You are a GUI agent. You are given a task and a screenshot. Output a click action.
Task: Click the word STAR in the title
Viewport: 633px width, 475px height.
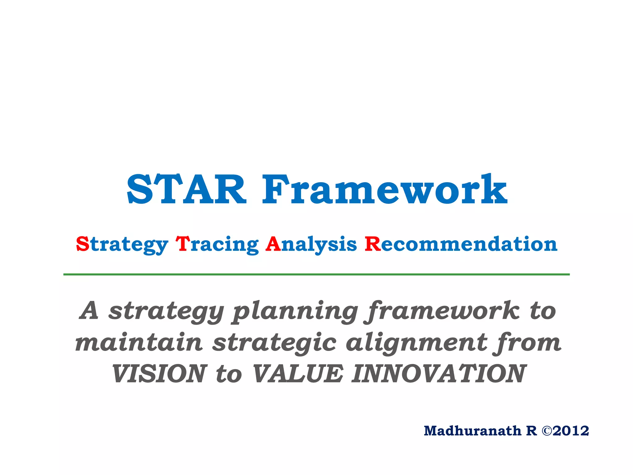[186, 189]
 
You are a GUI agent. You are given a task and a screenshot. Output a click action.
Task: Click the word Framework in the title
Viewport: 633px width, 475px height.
[384, 189]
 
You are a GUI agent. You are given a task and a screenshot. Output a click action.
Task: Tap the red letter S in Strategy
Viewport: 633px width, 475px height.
[83, 244]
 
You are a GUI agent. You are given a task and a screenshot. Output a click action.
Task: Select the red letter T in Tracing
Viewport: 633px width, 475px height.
[182, 244]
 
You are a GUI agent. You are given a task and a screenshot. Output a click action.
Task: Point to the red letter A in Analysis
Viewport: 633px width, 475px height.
[273, 244]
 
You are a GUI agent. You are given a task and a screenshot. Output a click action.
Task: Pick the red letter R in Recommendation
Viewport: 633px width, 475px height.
[372, 244]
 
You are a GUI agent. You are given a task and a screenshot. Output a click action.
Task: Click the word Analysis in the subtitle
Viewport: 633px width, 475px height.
[311, 245]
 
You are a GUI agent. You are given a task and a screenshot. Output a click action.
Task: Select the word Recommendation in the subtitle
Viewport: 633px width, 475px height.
[461, 244]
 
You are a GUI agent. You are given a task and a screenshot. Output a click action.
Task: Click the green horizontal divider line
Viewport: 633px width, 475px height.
[316, 274]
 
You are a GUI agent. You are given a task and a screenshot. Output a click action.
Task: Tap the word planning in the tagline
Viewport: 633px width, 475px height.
[295, 312]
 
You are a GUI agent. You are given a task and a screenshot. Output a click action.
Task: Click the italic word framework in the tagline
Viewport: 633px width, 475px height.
[442, 311]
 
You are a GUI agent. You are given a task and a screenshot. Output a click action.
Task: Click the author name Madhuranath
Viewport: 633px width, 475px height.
[472, 431]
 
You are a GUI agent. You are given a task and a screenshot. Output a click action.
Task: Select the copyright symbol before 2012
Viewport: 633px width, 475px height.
[546, 431]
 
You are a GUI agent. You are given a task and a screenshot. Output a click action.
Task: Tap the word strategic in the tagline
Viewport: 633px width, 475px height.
[274, 343]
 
